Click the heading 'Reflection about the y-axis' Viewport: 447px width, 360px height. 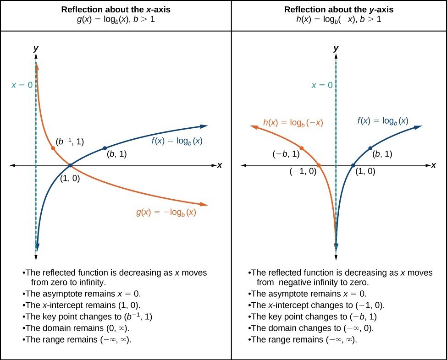click(x=339, y=10)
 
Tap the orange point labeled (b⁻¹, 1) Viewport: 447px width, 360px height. click(x=53, y=148)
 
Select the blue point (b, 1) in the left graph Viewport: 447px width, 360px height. click(x=105, y=148)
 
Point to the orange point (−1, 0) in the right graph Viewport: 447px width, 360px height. click(x=319, y=165)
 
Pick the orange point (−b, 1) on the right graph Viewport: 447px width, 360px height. click(x=302, y=148)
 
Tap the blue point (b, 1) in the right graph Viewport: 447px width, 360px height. click(x=370, y=148)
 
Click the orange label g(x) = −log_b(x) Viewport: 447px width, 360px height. click(x=166, y=213)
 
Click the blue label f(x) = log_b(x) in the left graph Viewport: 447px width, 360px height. click(x=177, y=141)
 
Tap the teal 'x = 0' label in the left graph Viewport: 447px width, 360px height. click(x=22, y=85)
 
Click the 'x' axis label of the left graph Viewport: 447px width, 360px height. click(x=220, y=165)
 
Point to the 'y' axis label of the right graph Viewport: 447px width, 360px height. click(x=336, y=48)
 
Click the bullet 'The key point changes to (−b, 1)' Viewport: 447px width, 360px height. click(x=315, y=316)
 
